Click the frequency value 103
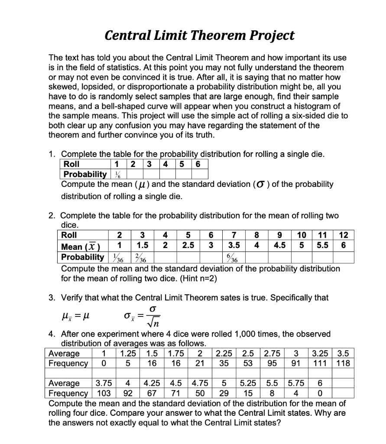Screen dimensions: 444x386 pyautogui.click(x=102, y=393)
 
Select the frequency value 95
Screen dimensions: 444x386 pyautogui.click(x=272, y=363)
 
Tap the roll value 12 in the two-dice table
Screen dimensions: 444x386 pyautogui.click(x=344, y=235)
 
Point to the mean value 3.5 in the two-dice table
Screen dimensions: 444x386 pyautogui.click(x=234, y=246)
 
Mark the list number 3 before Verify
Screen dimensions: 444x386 pyautogui.click(x=51, y=297)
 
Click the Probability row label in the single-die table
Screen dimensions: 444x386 pyautogui.click(x=84, y=174)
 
